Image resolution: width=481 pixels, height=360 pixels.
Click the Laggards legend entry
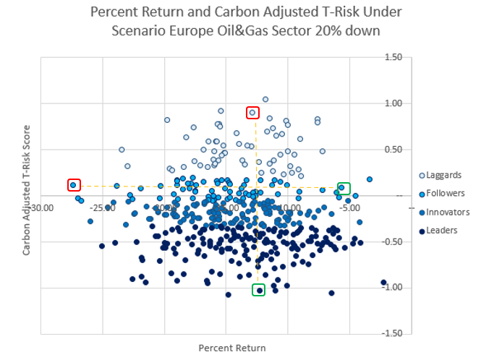(443, 175)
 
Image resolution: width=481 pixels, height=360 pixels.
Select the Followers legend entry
(445, 194)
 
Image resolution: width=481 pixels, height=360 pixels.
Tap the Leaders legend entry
(442, 231)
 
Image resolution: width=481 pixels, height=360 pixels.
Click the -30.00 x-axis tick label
(42, 207)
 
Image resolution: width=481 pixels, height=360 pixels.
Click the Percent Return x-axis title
(232, 348)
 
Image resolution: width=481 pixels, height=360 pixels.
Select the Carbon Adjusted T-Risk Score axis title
(27, 196)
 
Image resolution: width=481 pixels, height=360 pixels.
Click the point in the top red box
(252, 112)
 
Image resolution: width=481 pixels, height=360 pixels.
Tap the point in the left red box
(73, 185)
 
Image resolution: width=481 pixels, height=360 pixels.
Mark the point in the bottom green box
(259, 290)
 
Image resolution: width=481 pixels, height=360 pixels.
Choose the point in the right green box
(341, 188)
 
